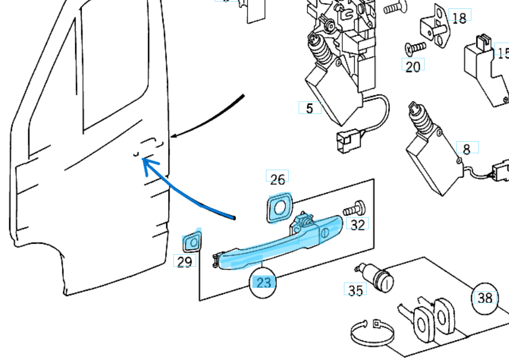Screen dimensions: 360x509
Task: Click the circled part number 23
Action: click(x=263, y=283)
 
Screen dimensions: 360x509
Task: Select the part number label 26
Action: click(x=277, y=179)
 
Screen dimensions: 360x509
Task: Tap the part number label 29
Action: click(x=185, y=261)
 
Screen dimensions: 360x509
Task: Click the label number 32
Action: click(x=357, y=224)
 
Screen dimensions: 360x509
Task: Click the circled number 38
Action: click(x=484, y=298)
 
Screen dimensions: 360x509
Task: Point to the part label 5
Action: click(x=310, y=108)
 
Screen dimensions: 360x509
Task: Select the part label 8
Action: click(x=466, y=148)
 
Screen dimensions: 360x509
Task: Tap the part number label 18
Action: click(x=459, y=18)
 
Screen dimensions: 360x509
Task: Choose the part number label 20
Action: click(x=413, y=66)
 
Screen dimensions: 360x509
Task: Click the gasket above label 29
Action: click(x=191, y=241)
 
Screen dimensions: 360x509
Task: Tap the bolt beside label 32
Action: click(x=354, y=209)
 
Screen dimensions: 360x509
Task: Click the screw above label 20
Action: click(x=415, y=47)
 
